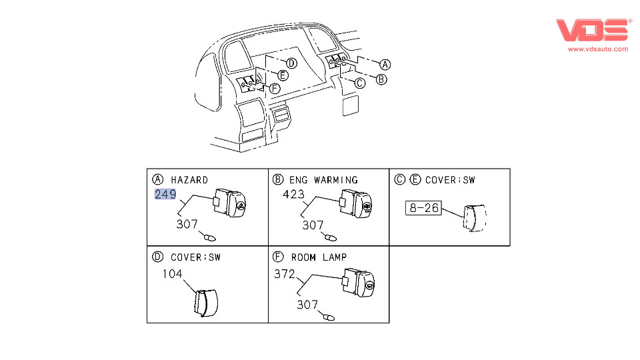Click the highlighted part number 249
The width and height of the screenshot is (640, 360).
tap(165, 195)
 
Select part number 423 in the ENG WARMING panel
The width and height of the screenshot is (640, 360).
tap(293, 195)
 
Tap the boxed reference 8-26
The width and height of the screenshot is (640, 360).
tap(423, 208)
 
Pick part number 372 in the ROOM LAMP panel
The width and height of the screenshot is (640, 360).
tap(285, 273)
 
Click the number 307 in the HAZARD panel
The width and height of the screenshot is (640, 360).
tap(187, 225)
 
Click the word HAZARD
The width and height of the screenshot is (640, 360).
tap(189, 180)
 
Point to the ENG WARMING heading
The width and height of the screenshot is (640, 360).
tap(323, 180)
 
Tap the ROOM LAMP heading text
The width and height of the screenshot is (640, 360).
tap(319, 257)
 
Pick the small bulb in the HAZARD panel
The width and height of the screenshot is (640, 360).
tap(210, 237)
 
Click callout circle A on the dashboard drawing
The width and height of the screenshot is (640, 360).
tap(385, 65)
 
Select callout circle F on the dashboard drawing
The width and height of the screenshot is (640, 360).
tap(275, 88)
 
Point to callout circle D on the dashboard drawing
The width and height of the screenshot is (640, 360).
tap(291, 63)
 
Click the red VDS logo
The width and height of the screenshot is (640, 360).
tap(593, 31)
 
